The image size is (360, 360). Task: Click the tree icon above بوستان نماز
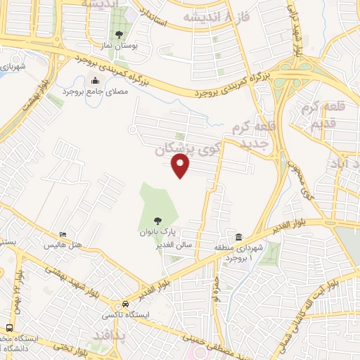[x=118, y=34]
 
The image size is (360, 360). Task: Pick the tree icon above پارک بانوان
[x=156, y=221]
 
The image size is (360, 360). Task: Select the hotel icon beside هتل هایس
[x=63, y=235]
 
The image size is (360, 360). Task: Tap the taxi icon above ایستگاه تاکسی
[x=124, y=304]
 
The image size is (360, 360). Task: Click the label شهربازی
[x=12, y=67]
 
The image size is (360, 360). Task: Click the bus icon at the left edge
[x=8, y=327]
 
